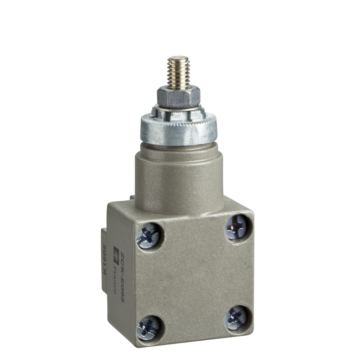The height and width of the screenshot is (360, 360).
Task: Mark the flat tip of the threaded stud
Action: pyautogui.click(x=178, y=58)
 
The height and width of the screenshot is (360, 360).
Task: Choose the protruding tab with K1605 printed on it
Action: pyautogui.click(x=104, y=260)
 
